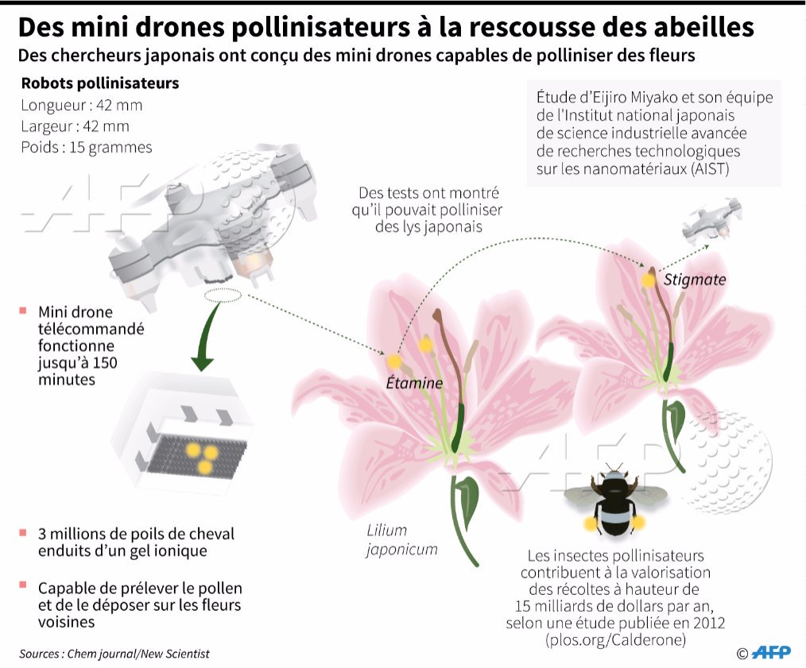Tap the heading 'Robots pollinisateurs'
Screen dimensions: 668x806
click(99, 83)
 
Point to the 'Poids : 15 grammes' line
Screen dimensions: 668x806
click(87, 147)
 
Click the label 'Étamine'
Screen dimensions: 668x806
click(413, 384)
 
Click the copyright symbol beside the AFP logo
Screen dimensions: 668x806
click(742, 653)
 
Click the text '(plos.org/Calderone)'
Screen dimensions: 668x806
click(614, 639)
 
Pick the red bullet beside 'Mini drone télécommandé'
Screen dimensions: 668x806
click(23, 311)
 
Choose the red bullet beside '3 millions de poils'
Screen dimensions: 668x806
click(23, 533)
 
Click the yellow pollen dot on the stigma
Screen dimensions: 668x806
click(649, 280)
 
